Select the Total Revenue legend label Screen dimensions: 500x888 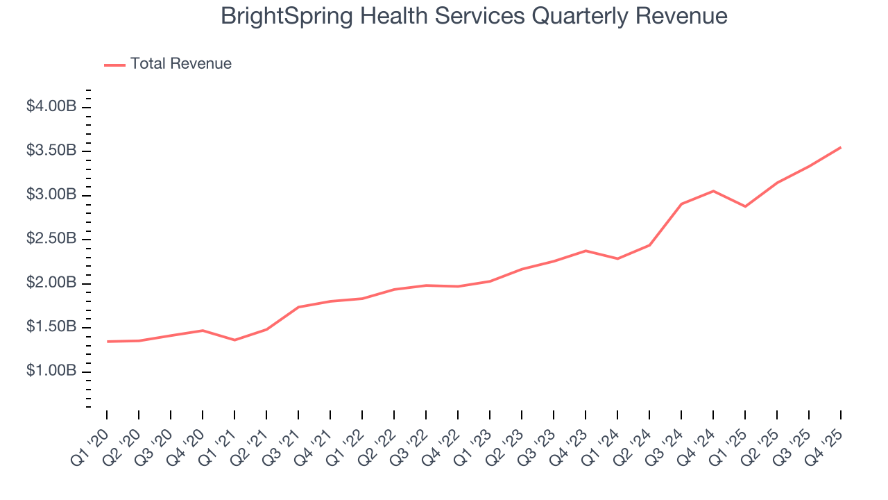tap(180, 64)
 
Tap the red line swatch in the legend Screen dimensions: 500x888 tap(114, 65)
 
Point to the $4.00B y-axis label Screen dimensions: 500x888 tap(51, 107)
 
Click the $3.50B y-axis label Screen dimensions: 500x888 tap(51, 151)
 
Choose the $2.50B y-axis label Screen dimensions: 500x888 tap(51, 239)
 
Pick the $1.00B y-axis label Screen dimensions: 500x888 tap(51, 372)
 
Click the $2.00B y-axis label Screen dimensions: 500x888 tap(51, 283)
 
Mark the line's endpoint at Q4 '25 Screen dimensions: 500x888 tap(841, 147)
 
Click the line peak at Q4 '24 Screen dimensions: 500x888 tap(713, 191)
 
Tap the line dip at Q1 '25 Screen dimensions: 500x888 tap(745, 206)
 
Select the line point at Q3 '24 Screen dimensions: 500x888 tap(681, 204)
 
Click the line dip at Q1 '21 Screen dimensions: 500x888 tap(234, 340)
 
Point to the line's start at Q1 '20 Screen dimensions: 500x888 tap(107, 342)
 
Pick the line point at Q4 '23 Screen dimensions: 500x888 tap(586, 251)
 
